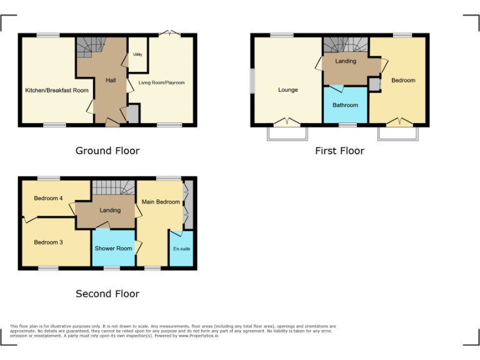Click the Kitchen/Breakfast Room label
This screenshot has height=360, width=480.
[57, 91]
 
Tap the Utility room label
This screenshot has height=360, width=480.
[137, 55]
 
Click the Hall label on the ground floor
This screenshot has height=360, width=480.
[111, 80]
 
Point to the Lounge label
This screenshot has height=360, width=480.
[288, 90]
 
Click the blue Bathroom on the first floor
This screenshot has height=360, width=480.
[345, 105]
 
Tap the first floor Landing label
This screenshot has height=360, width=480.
[346, 61]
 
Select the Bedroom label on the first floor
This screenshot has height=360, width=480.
[403, 80]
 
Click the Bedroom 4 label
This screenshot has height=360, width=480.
[48, 199]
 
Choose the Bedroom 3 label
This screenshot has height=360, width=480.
[48, 242]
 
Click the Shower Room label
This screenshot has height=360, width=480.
[113, 248]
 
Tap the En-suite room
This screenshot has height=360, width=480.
[181, 249]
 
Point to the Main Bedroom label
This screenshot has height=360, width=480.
[161, 202]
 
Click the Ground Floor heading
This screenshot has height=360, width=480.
[107, 151]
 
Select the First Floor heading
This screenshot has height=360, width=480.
[339, 151]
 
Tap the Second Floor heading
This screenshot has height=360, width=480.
[107, 294]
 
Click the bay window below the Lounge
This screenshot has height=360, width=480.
[287, 133]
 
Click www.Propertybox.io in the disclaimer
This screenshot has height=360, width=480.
[198, 336]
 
